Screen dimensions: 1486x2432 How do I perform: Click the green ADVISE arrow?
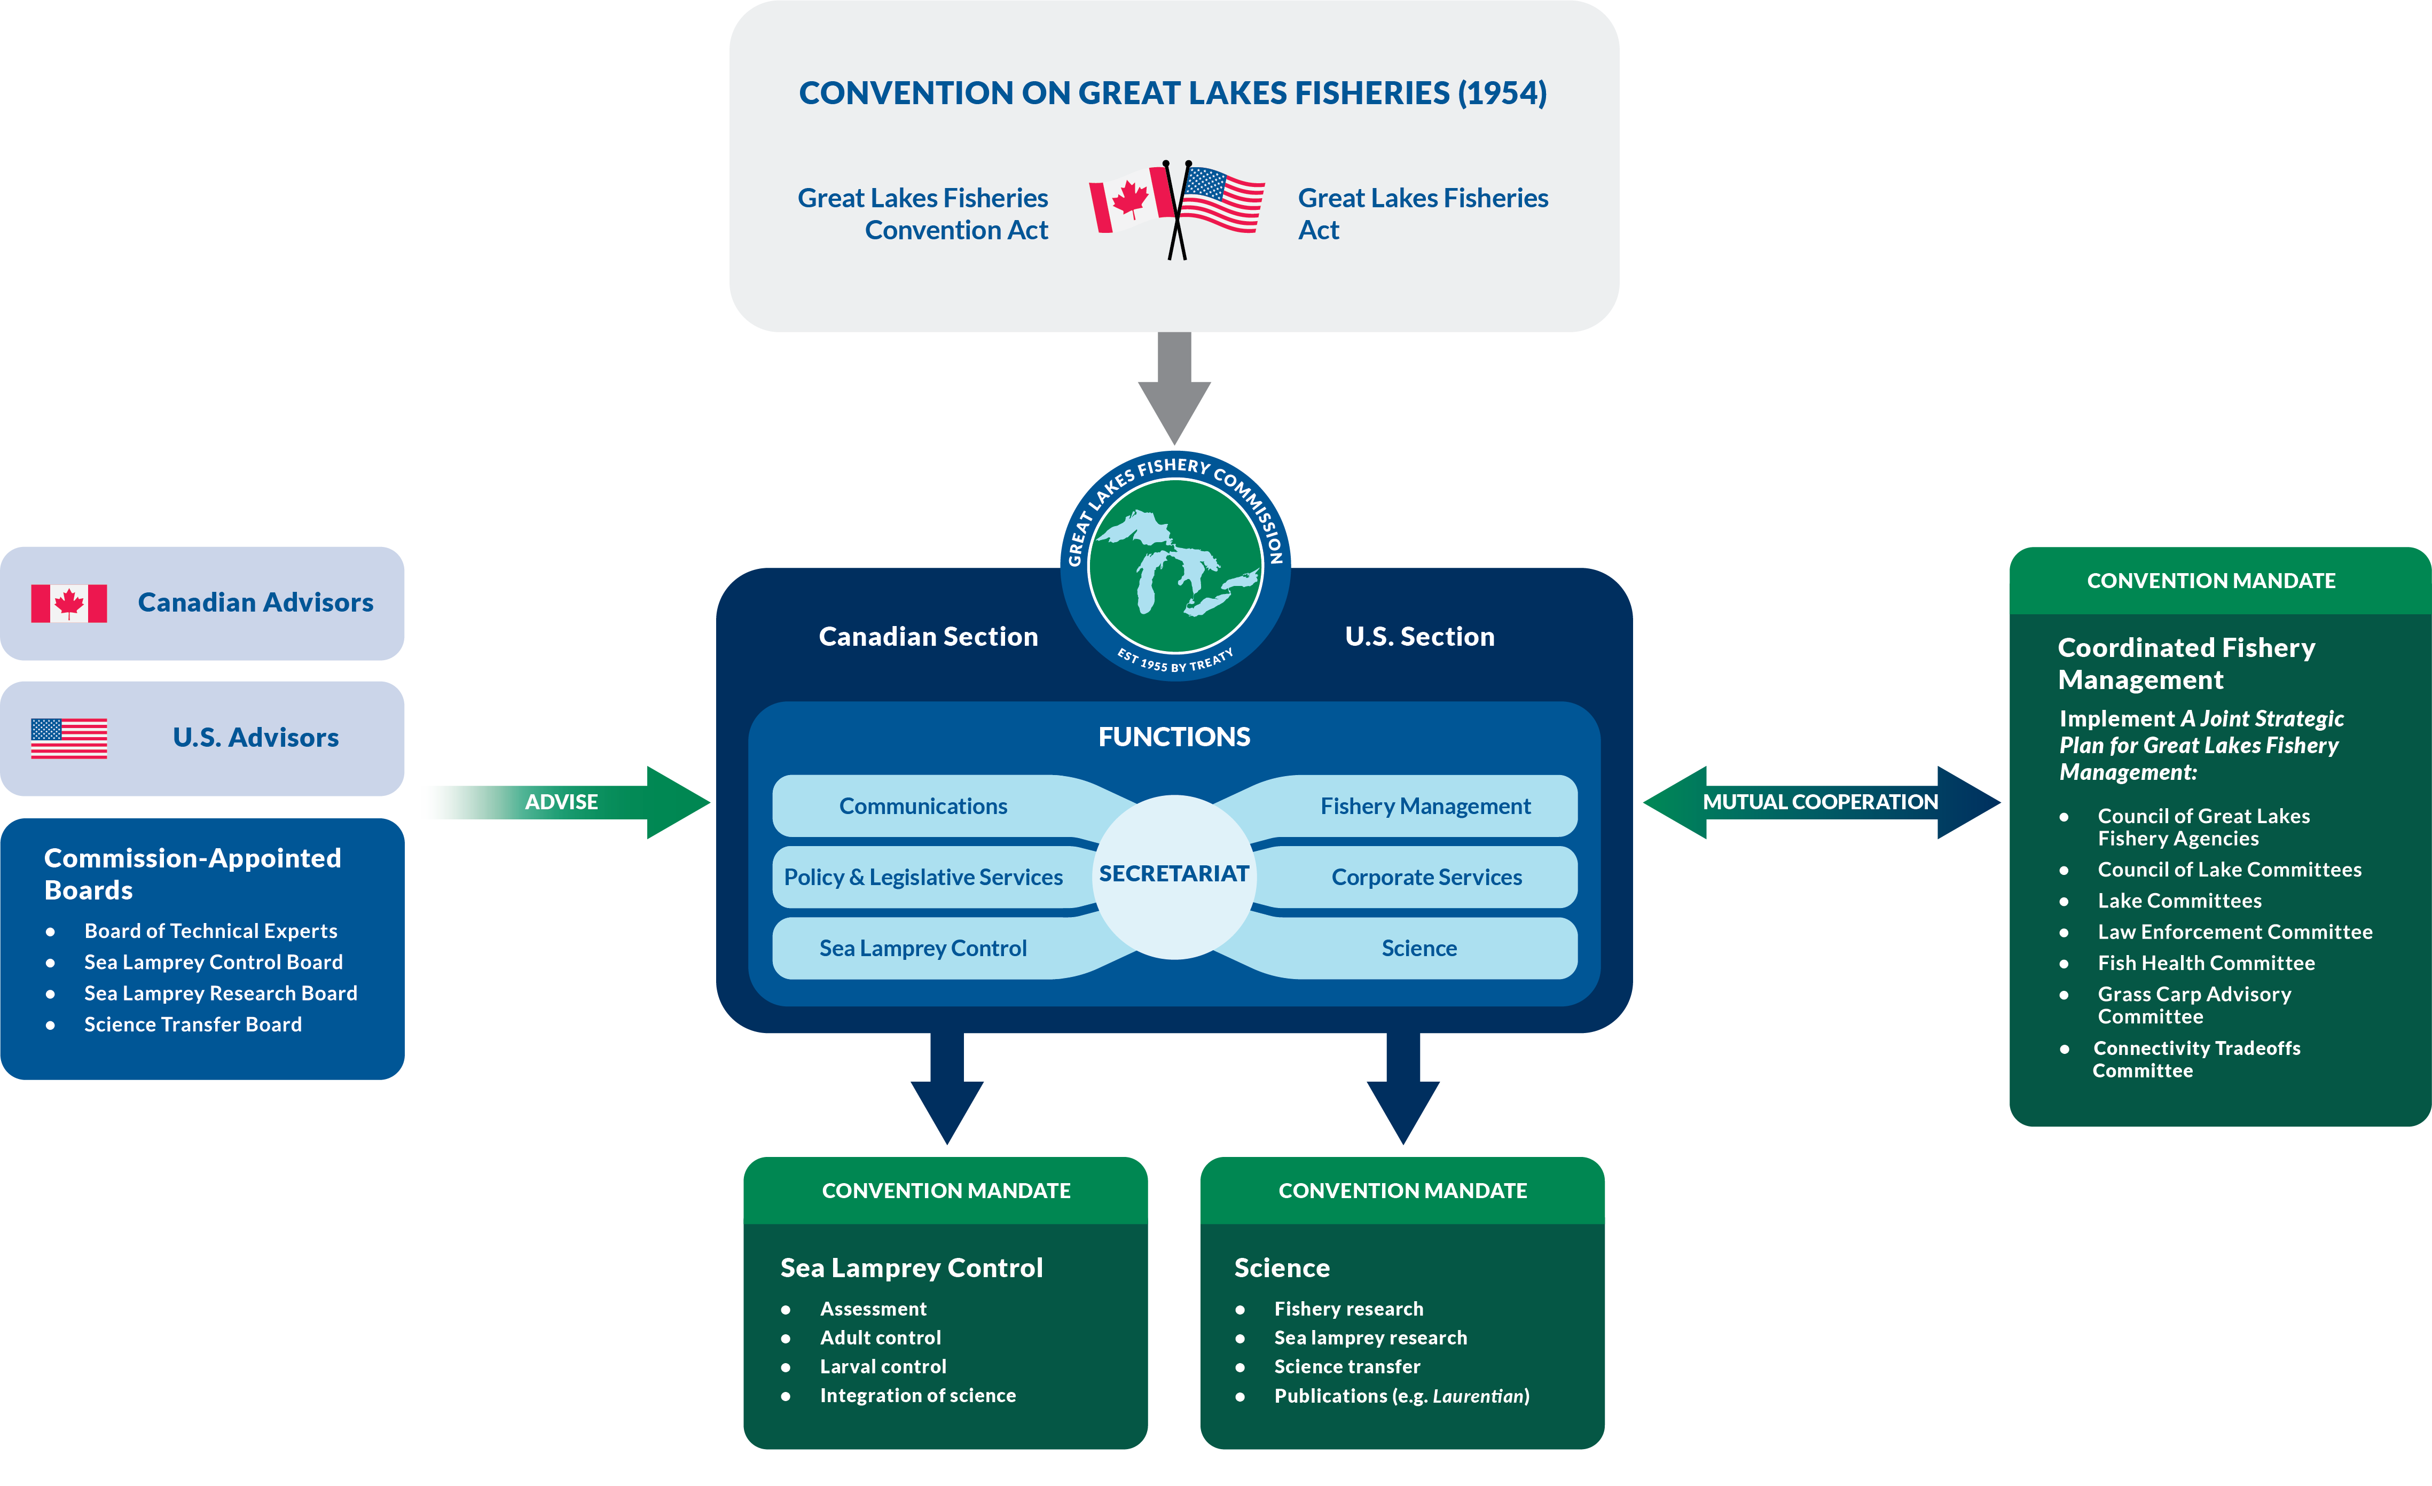coord(592,802)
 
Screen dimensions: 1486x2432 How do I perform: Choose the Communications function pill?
coord(923,805)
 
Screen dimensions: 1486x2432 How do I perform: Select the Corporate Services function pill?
coord(1426,877)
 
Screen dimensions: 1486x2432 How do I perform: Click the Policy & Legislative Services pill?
coord(923,877)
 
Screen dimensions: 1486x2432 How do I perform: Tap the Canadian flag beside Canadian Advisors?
coord(69,603)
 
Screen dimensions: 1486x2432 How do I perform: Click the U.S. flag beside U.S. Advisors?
coord(69,738)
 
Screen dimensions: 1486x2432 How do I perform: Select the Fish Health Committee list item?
coord(2206,963)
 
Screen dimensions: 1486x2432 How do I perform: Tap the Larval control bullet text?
coord(882,1366)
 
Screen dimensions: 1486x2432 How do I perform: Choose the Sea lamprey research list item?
coord(1370,1338)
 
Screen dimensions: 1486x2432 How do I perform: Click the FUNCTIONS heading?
coord(1174,737)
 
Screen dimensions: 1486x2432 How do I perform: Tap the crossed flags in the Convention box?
coord(1176,207)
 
